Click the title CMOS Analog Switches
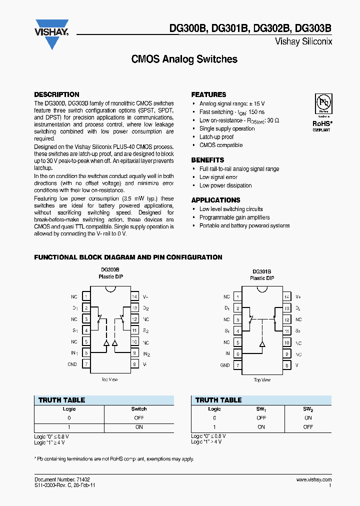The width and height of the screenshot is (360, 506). click(184, 59)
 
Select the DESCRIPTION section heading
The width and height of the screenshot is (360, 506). click(56, 94)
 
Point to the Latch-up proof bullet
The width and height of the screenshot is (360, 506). click(216, 137)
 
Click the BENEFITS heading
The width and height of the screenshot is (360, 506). click(207, 160)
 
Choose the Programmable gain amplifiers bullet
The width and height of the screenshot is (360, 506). click(234, 217)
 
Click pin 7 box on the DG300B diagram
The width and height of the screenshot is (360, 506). click(86, 364)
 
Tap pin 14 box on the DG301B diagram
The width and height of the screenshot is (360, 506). click(286, 297)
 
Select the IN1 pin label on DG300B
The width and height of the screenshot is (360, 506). click(74, 353)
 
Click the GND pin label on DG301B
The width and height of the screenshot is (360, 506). click(225, 365)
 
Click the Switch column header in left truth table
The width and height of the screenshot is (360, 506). click(139, 409)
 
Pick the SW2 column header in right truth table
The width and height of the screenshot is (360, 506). click(307, 409)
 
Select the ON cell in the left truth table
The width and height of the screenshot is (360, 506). click(139, 427)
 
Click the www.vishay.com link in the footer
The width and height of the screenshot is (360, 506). click(313, 479)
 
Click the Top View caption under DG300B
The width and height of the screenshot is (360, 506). click(109, 380)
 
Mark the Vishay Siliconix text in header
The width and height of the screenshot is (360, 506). click(303, 42)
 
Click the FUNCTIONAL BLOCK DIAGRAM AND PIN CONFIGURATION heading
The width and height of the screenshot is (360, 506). click(128, 257)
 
